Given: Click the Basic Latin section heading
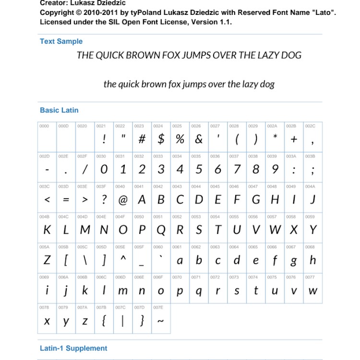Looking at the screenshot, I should pyautogui.click(x=59, y=110).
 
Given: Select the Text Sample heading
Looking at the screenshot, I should pyautogui.click(x=61, y=41).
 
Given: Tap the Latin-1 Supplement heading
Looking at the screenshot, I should pyautogui.click(x=73, y=348).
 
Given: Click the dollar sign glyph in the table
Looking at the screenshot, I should pyautogui.click(x=161, y=139).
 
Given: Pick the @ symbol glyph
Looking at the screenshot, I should pyautogui.click(x=123, y=199).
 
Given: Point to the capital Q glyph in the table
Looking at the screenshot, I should pyautogui.click(x=161, y=230).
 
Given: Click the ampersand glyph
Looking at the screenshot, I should pyautogui.click(x=199, y=139).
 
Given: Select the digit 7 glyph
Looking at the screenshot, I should pyautogui.click(x=237, y=169).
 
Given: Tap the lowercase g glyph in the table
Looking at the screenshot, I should pyautogui.click(x=294, y=261).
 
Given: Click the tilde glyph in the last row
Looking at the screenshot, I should pyautogui.click(x=161, y=322).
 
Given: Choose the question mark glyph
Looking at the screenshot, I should pyautogui.click(x=104, y=199).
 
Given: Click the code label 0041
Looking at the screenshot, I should pyautogui.click(x=139, y=186).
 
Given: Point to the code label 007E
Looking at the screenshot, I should pyautogui.click(x=158, y=307).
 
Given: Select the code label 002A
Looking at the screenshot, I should pyautogui.click(x=272, y=126).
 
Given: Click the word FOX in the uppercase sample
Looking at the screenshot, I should pyautogui.click(x=172, y=55).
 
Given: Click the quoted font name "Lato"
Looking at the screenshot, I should pyautogui.click(x=322, y=12).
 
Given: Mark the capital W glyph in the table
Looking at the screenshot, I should pyautogui.click(x=275, y=230).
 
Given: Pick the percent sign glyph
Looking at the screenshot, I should pyautogui.click(x=180, y=139).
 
